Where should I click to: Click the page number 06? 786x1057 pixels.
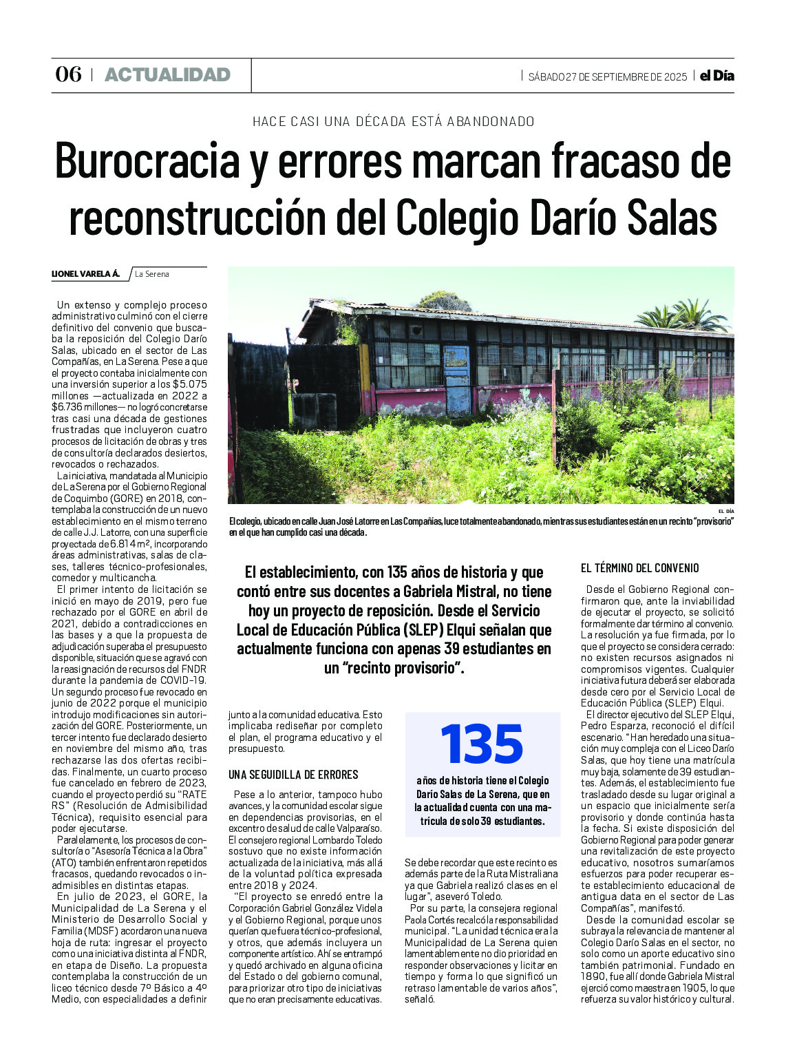tap(68, 74)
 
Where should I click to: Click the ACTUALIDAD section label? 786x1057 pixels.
tap(167, 75)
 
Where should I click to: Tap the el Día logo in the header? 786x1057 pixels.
tap(716, 76)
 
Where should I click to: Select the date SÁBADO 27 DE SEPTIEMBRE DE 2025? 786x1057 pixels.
tap(607, 76)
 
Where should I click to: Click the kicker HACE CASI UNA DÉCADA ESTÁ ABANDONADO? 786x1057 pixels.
tap(393, 122)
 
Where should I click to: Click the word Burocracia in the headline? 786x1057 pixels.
tap(147, 161)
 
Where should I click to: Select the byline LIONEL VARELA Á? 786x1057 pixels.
tap(85, 274)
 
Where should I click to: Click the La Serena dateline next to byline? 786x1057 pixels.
tap(152, 274)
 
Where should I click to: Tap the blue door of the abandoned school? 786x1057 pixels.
tap(457, 379)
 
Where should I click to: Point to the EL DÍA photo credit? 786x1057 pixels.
tap(725, 511)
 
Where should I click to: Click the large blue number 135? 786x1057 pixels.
tap(482, 744)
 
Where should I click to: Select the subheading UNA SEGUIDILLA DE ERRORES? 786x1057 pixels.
tap(293, 775)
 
